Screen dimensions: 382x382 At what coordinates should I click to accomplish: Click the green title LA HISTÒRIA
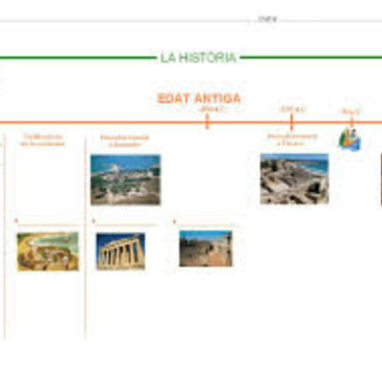[x=198, y=58]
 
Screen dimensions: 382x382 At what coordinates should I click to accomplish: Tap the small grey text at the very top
[x=267, y=18]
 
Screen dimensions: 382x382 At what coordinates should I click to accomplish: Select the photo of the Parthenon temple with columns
[x=120, y=251]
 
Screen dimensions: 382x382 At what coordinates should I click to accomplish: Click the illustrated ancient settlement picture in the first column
[x=48, y=250]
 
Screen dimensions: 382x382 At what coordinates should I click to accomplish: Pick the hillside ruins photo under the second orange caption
[x=125, y=180]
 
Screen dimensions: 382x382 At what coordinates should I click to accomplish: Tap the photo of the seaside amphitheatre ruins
[x=294, y=179]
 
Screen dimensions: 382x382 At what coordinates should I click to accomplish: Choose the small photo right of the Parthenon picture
[x=204, y=248]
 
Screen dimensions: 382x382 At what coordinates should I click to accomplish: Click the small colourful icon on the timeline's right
[x=350, y=138]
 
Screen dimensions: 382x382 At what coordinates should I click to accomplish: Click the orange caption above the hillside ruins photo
[x=124, y=142]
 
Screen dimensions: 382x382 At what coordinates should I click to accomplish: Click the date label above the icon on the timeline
[x=350, y=112]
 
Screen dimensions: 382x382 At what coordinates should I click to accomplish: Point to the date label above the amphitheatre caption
[x=290, y=109]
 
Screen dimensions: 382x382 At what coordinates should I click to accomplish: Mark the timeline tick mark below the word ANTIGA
[x=207, y=121]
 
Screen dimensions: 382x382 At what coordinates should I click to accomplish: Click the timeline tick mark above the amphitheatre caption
[x=291, y=121]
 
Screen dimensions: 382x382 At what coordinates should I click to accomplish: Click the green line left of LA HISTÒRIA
[x=76, y=58]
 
